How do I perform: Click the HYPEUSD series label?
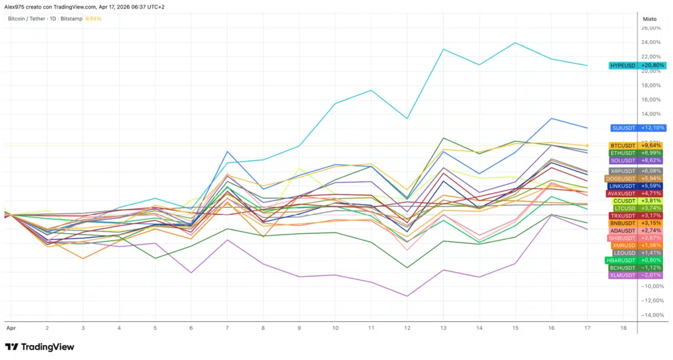622,66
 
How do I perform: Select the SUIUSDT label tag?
623,127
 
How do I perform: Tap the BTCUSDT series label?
622,145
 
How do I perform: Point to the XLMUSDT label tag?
622,275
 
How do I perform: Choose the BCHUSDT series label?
622,268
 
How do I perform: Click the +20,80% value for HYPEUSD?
652,66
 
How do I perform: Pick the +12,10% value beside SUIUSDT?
652,127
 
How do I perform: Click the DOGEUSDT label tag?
620,179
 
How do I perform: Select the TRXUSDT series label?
622,216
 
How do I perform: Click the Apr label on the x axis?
10,326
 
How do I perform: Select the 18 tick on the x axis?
623,326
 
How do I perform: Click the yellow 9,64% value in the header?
93,19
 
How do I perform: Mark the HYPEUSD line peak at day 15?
515,43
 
